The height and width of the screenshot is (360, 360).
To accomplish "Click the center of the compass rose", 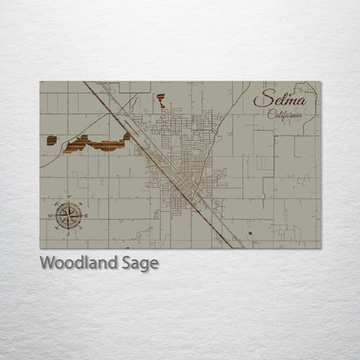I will point(69,213).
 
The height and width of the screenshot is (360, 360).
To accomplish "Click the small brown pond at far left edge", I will point(52,140).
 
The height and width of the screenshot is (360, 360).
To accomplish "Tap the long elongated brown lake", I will point(95,145).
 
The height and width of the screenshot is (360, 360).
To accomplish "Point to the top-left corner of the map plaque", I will point(40,82).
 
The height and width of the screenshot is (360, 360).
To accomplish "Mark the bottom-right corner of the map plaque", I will point(320,248).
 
